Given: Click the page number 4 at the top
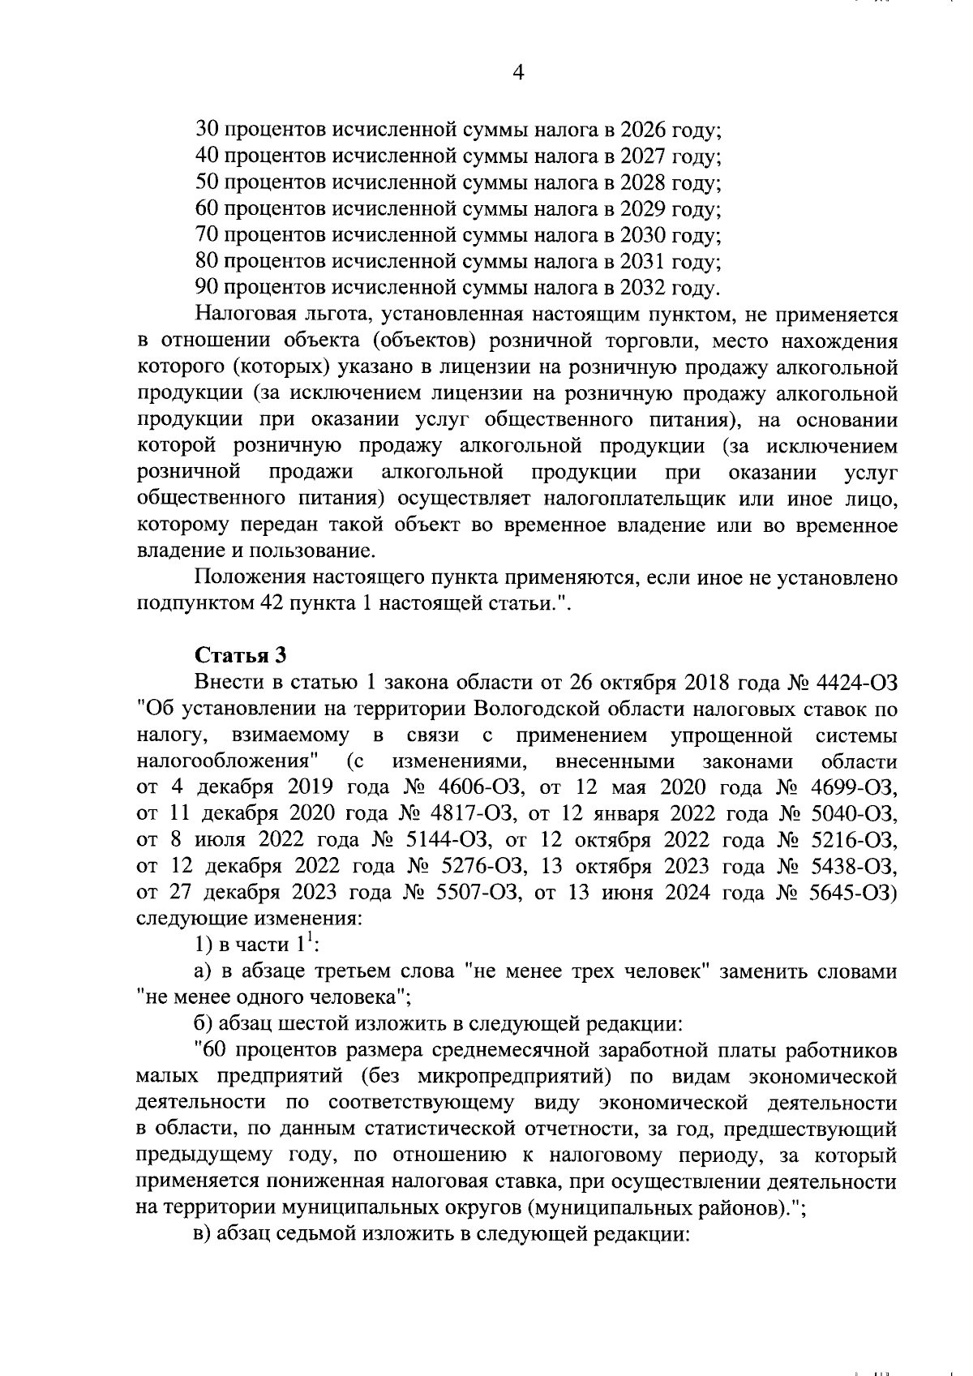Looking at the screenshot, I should (x=519, y=74).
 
